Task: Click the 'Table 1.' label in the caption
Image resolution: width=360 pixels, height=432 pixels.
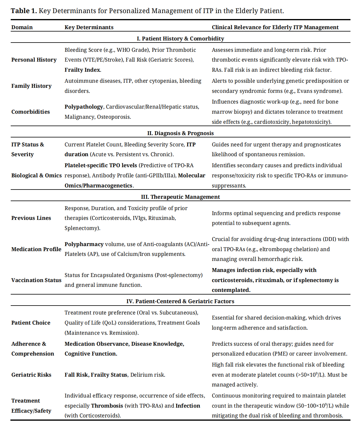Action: click(x=24, y=11)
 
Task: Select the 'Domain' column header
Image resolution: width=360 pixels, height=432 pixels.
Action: click(x=22, y=27)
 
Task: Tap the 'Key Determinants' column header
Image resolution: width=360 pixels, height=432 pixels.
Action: click(x=89, y=27)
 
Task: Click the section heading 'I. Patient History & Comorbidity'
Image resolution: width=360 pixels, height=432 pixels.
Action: click(x=180, y=39)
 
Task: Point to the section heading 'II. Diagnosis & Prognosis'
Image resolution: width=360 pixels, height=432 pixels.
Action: click(x=180, y=133)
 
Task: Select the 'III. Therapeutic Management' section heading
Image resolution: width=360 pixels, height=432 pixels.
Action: click(x=180, y=197)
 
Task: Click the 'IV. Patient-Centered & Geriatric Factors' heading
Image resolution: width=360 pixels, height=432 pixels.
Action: click(x=180, y=301)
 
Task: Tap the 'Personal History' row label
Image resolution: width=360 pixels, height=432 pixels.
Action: click(x=34, y=60)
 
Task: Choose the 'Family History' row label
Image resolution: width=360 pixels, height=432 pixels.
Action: click(x=32, y=86)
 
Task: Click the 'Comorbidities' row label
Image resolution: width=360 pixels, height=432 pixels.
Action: click(x=31, y=112)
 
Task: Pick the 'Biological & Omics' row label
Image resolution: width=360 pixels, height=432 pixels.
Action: click(x=36, y=176)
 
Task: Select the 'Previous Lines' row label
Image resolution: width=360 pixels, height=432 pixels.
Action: click(x=31, y=218)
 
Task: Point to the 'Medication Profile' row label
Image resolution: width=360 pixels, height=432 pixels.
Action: click(x=36, y=249)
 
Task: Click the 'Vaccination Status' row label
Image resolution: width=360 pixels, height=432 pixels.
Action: click(x=36, y=280)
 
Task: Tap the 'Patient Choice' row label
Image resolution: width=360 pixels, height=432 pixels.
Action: click(x=31, y=323)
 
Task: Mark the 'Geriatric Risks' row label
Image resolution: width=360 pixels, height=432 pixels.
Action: click(x=31, y=375)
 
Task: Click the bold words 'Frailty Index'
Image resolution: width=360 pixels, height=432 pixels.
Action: click(x=82, y=70)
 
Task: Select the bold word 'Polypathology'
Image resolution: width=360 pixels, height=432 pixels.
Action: click(x=84, y=107)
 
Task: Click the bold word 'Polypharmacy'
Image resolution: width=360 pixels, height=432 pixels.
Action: click(x=84, y=244)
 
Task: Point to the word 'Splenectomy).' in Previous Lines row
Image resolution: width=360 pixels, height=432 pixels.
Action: click(x=82, y=228)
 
